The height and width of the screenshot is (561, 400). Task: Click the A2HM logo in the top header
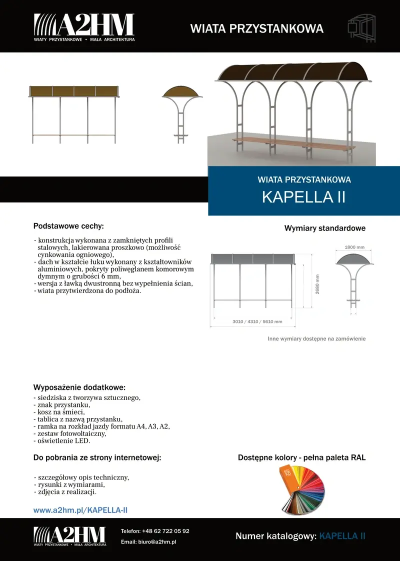[84, 27]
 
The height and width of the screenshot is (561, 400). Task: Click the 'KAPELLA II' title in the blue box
[304, 197]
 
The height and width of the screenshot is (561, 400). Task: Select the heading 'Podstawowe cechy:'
[68, 226]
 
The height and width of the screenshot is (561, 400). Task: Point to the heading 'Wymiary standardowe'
[325, 228]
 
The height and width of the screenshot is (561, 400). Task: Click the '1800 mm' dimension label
[354, 247]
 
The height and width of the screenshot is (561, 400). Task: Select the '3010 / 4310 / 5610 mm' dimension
[257, 321]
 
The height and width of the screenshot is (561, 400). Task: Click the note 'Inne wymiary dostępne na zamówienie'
[317, 338]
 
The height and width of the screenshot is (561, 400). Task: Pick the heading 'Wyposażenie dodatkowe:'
[79, 387]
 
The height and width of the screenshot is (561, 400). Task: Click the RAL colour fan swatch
[301, 489]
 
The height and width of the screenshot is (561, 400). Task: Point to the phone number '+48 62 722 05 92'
[165, 531]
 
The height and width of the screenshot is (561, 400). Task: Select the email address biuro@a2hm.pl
[159, 541]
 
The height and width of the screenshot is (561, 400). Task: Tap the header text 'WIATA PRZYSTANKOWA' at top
[257, 28]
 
